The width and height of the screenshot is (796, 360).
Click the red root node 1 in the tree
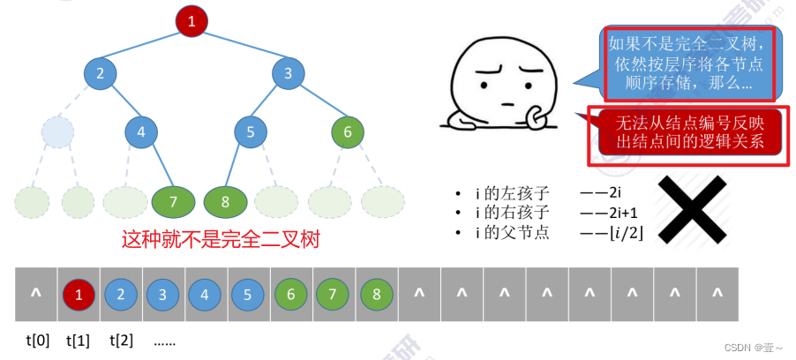pos(191,21)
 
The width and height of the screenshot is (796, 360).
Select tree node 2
pos(101,73)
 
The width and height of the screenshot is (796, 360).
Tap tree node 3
pos(288,73)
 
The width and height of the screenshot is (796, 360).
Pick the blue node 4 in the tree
pos(140,132)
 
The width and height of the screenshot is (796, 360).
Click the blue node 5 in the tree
pos(251,132)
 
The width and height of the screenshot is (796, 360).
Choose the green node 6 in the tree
pos(348,132)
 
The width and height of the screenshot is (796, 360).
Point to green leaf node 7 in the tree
pos(173,201)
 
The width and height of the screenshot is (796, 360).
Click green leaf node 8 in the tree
pos(225,201)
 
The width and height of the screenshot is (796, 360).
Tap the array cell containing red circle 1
pos(79,295)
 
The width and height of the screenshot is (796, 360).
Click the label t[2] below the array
pos(122,340)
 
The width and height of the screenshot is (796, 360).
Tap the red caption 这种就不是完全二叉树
pos(220,239)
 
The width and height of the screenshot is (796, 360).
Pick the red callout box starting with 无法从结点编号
pos(688,132)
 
